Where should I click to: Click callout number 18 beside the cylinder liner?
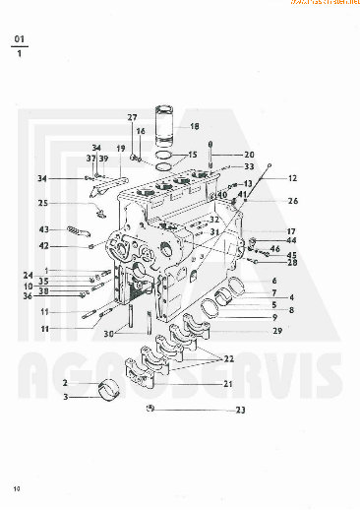tap(194, 127)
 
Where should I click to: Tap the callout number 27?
tap(132, 118)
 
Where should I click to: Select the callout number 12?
tap(292, 178)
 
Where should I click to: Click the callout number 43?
tap(43, 230)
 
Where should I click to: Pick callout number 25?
tap(43, 204)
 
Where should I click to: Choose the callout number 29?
tap(277, 331)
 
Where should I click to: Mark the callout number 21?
tap(228, 383)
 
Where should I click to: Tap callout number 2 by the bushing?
tap(65, 383)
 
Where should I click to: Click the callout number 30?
tap(109, 333)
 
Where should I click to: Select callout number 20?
tap(249, 155)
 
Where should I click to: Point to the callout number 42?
tap(43, 246)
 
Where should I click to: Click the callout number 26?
tap(293, 201)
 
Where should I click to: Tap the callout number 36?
tap(29, 296)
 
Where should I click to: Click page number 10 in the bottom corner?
tap(16, 488)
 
